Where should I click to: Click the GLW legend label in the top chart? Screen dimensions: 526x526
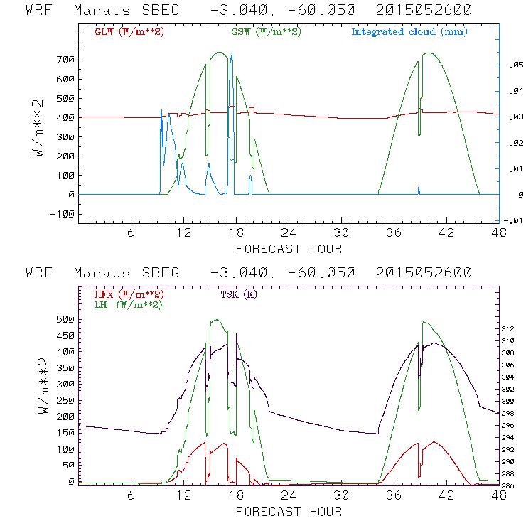click(x=129, y=32)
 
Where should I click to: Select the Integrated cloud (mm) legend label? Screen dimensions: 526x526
click(x=409, y=32)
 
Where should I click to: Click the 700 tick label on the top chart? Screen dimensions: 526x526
click(x=65, y=60)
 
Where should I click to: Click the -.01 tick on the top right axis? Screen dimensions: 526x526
click(x=513, y=220)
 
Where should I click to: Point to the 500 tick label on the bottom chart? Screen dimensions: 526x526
click(x=65, y=319)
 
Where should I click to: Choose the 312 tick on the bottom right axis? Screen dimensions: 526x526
click(x=514, y=329)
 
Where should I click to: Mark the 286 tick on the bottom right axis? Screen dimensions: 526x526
click(x=514, y=485)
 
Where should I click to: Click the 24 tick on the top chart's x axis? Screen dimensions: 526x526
click(x=289, y=234)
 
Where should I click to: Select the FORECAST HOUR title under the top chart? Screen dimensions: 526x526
click(x=289, y=249)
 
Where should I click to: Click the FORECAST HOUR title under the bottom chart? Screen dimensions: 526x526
click(x=289, y=511)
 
